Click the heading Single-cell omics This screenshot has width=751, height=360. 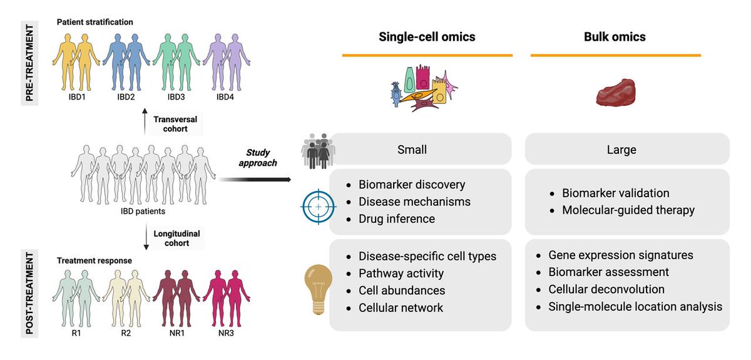click(427, 37)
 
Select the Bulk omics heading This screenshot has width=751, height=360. click(615, 37)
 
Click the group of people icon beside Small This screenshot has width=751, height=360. click(315, 150)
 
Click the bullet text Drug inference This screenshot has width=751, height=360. click(396, 219)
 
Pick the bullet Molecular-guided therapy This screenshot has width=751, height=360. click(628, 210)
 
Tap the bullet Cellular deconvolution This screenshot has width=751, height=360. click(606, 289)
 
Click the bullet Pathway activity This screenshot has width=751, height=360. click(401, 273)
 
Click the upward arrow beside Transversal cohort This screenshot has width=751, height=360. click(145, 123)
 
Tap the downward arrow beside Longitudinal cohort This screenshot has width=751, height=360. click(145, 241)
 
